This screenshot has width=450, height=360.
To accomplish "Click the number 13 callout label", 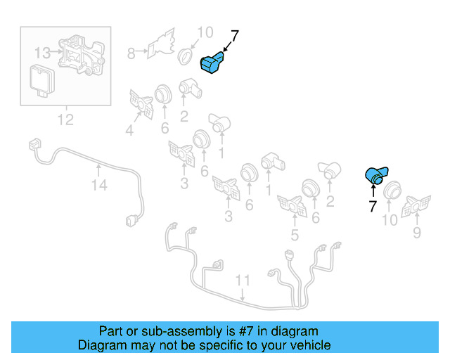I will click(x=42, y=52).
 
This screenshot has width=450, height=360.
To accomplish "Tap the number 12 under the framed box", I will click(x=65, y=120).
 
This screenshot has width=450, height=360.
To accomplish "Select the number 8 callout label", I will click(x=131, y=52).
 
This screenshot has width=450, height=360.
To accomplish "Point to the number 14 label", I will click(x=99, y=185).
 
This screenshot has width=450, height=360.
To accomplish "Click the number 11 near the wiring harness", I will click(x=243, y=281).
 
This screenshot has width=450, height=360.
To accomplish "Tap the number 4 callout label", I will click(x=129, y=129).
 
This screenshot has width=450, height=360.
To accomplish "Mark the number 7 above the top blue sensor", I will click(x=235, y=35).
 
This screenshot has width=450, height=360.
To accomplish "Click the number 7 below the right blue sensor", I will click(x=372, y=205).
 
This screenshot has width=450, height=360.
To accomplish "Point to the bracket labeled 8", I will click(x=162, y=42).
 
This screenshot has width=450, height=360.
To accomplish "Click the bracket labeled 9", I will click(x=416, y=205).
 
